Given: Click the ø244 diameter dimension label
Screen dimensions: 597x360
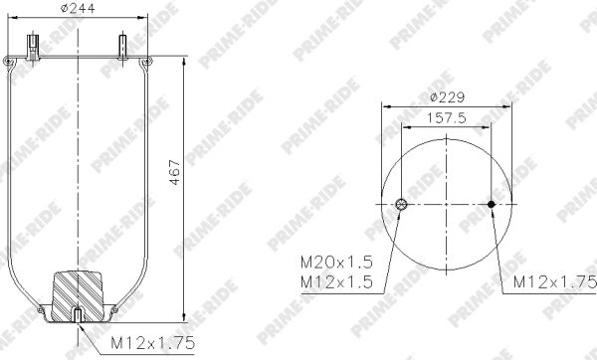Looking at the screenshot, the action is tap(78, 8).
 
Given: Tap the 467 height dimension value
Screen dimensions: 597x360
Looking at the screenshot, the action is tap(175, 172).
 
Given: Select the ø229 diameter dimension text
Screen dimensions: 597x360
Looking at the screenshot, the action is tap(448, 97).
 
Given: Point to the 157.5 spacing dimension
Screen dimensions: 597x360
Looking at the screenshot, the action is tap(447, 118).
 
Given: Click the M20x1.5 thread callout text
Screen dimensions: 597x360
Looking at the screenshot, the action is tap(336, 263).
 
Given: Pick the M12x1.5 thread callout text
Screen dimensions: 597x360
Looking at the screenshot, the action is tap(336, 282).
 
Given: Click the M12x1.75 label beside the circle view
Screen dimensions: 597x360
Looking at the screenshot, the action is tap(555, 282).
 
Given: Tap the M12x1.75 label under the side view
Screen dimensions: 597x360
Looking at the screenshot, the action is tap(152, 343).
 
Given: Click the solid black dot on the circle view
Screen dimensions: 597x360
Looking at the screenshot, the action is tap(492, 204).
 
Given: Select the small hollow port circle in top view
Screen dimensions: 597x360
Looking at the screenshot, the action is tap(401, 204).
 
